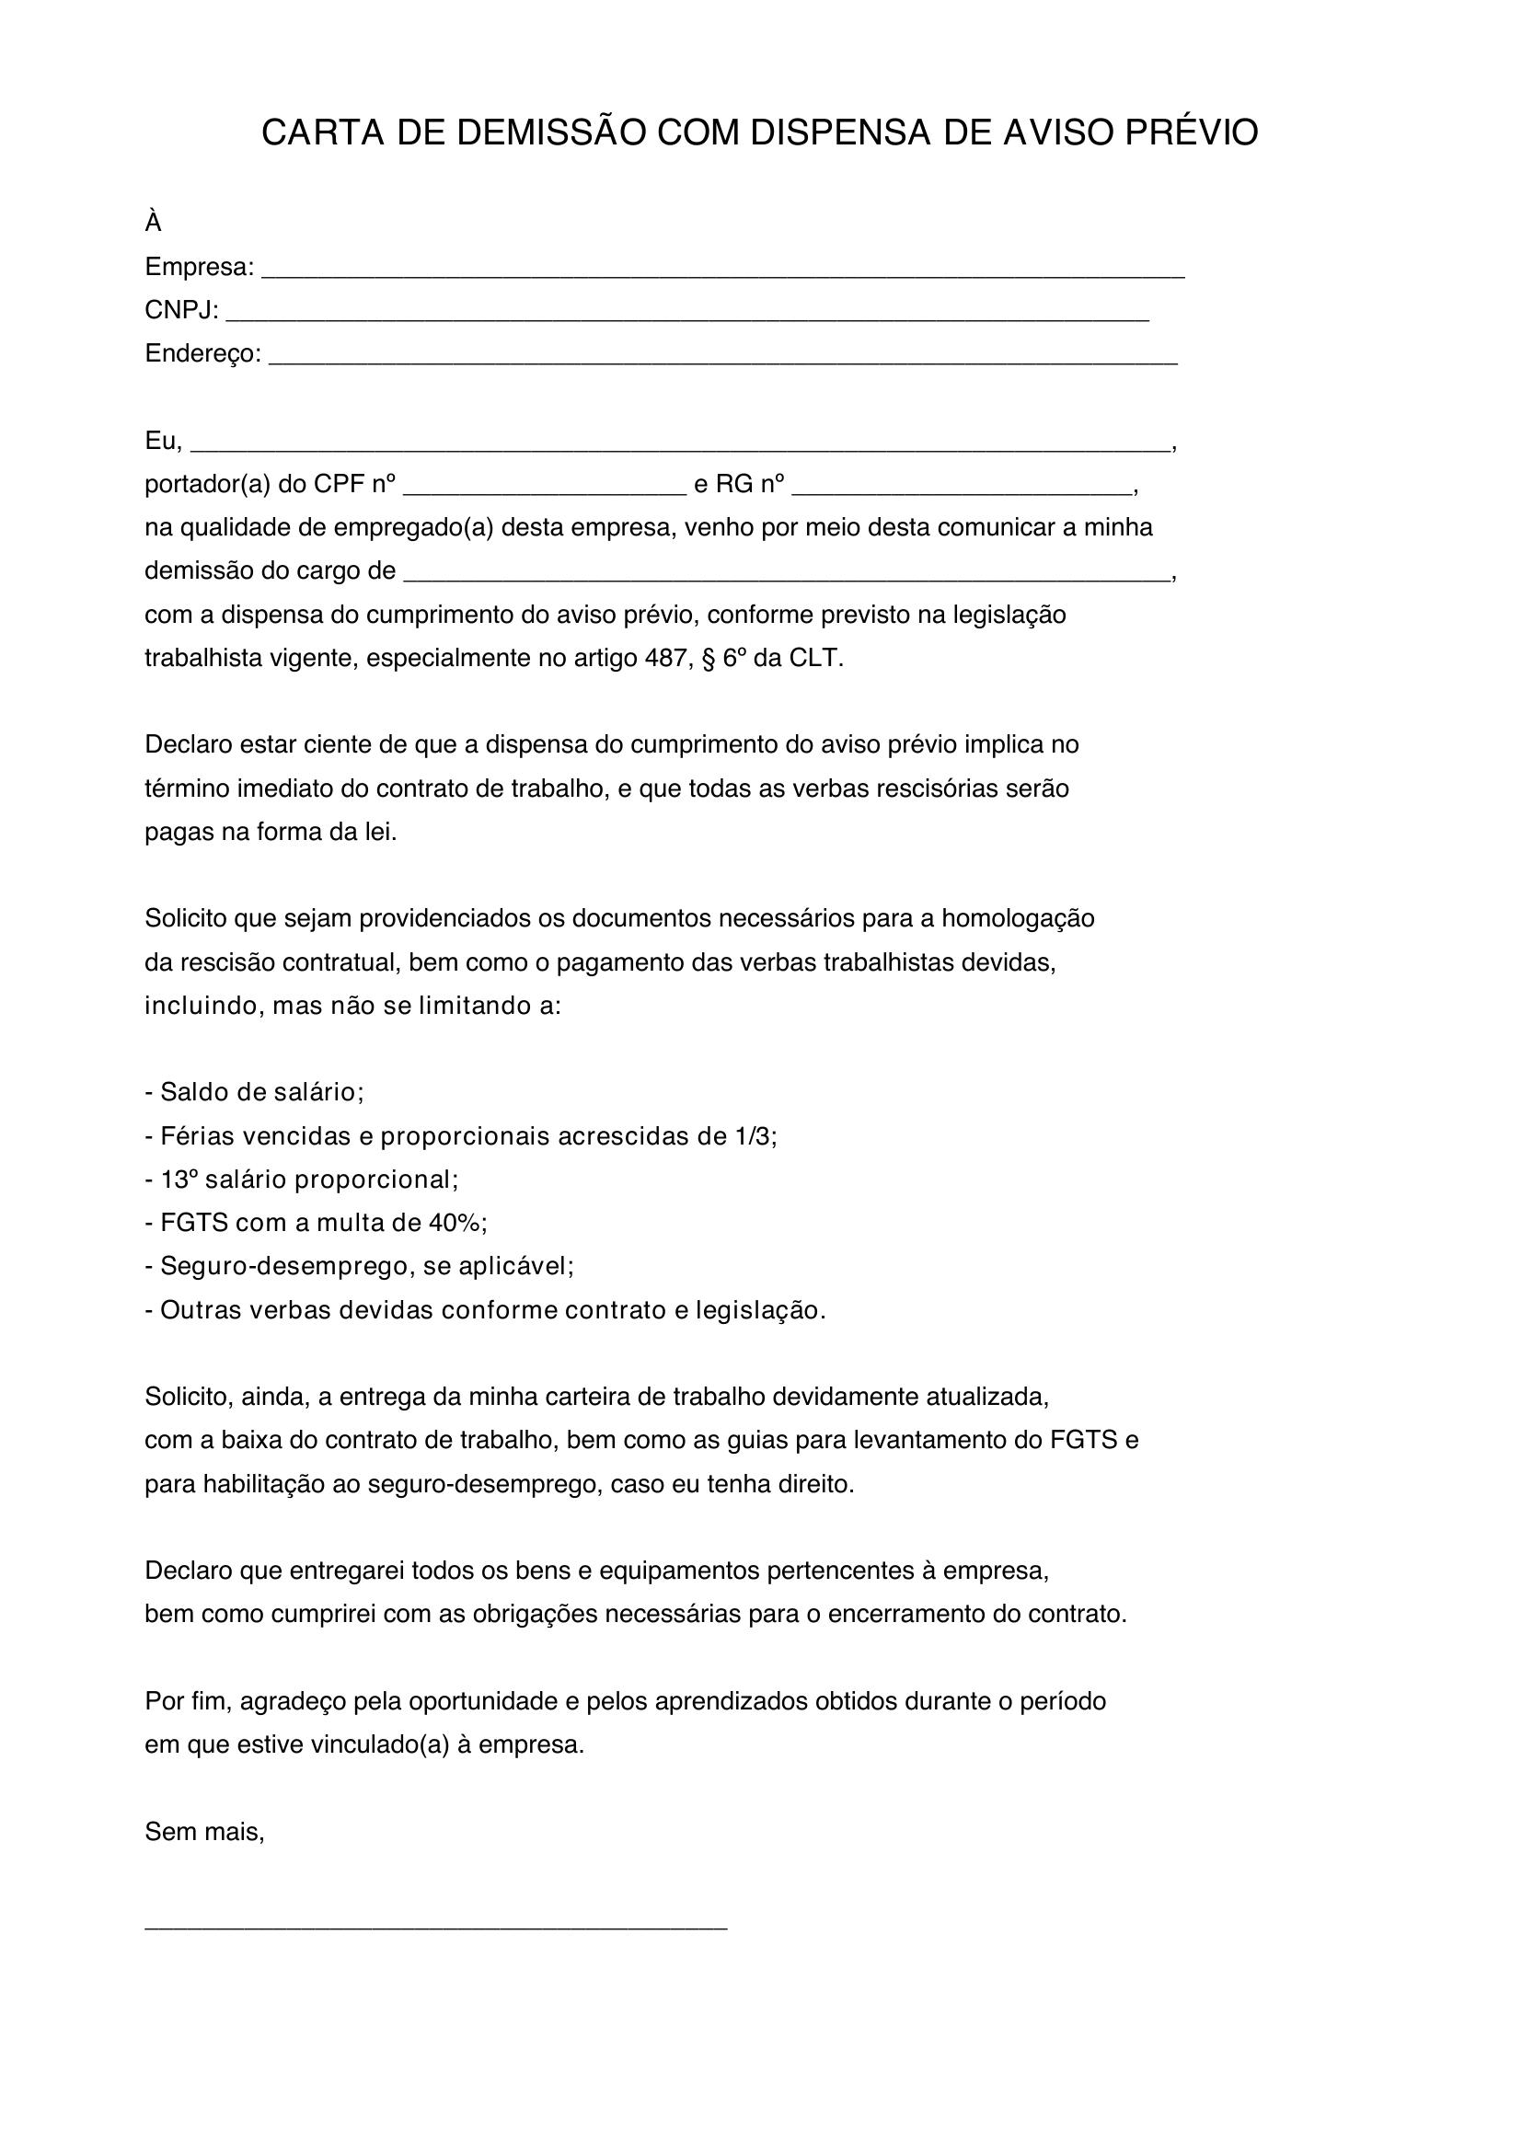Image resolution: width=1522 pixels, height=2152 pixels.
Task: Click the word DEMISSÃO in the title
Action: click(x=551, y=133)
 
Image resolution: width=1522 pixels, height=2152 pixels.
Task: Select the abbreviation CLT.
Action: click(x=815, y=658)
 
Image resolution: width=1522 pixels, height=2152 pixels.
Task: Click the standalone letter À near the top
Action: click(x=153, y=223)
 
